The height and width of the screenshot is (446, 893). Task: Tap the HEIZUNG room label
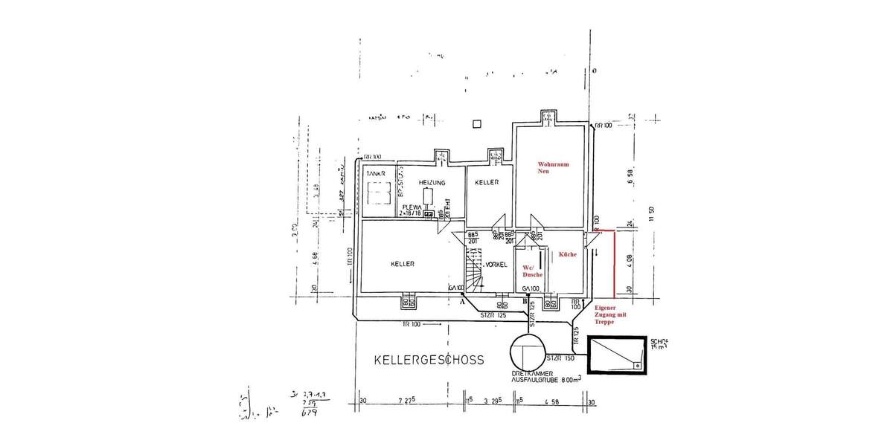tap(432, 182)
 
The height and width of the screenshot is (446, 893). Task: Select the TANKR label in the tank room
tap(376, 172)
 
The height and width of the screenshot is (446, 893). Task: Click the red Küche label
tap(568, 254)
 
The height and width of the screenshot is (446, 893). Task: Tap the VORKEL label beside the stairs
tap(496, 265)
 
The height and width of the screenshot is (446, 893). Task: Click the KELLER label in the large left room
tap(402, 264)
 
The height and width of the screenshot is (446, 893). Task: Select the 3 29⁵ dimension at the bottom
tap(492, 402)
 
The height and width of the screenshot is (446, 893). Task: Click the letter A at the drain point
tap(462, 303)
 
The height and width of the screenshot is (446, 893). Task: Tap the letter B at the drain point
tap(525, 303)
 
